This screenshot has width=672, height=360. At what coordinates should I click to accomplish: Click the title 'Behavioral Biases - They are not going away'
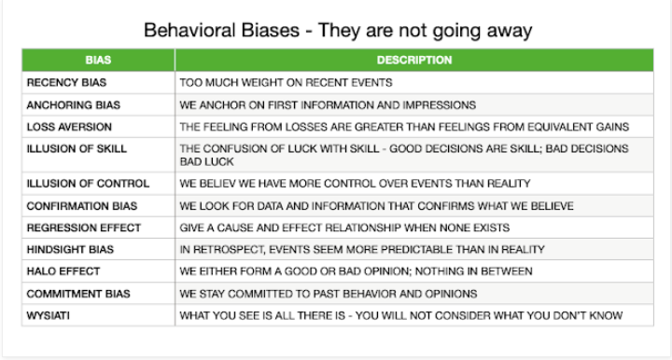pyautogui.click(x=338, y=30)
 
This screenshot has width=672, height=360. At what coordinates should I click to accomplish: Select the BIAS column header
pyautogui.click(x=96, y=61)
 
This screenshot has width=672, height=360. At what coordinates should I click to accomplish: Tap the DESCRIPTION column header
pyautogui.click(x=414, y=61)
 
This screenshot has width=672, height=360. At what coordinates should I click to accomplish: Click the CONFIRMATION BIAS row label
pyautogui.click(x=81, y=204)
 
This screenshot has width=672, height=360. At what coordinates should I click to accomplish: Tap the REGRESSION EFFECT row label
pyautogui.click(x=84, y=227)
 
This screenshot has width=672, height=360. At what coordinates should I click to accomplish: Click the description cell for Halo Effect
pyautogui.click(x=356, y=271)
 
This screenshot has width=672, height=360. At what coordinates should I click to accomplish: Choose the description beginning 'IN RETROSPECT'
pyautogui.click(x=364, y=249)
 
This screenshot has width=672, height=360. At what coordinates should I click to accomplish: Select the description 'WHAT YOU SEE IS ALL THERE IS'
pyautogui.click(x=400, y=316)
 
